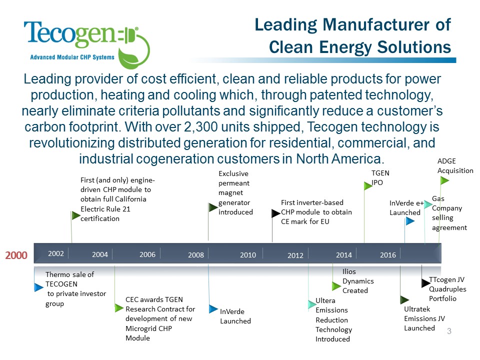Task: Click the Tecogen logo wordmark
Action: click(70, 34)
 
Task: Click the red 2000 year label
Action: click(16, 255)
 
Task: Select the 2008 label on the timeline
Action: click(196, 254)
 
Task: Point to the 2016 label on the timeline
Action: click(388, 254)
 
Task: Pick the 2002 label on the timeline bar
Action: click(56, 253)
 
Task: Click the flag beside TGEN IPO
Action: click(368, 185)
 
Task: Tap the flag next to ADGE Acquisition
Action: click(444, 180)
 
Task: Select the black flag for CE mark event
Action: click(276, 213)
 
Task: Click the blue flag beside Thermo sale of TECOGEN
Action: click(39, 287)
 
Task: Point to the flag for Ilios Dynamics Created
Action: click(336, 286)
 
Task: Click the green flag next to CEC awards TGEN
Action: click(119, 307)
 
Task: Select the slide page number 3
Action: click(449, 331)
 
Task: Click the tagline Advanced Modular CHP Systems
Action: click(72, 57)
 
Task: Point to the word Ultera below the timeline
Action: click(325, 300)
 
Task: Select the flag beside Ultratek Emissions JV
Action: click(404, 299)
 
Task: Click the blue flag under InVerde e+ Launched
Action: click(410, 221)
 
